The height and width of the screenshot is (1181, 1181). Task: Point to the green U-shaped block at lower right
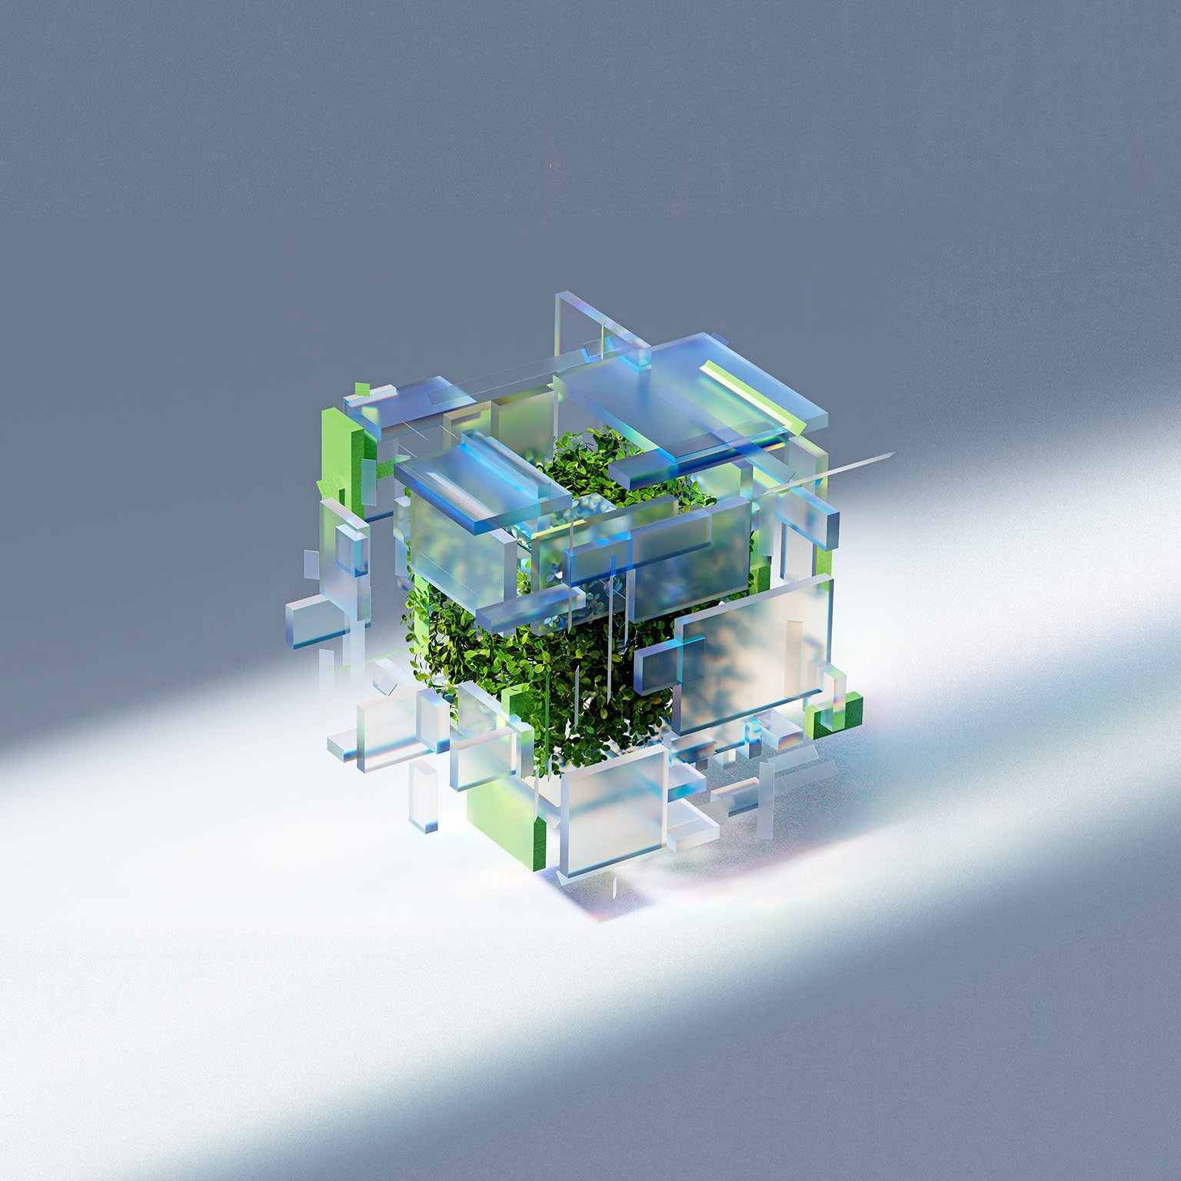pyautogui.click(x=834, y=707)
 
